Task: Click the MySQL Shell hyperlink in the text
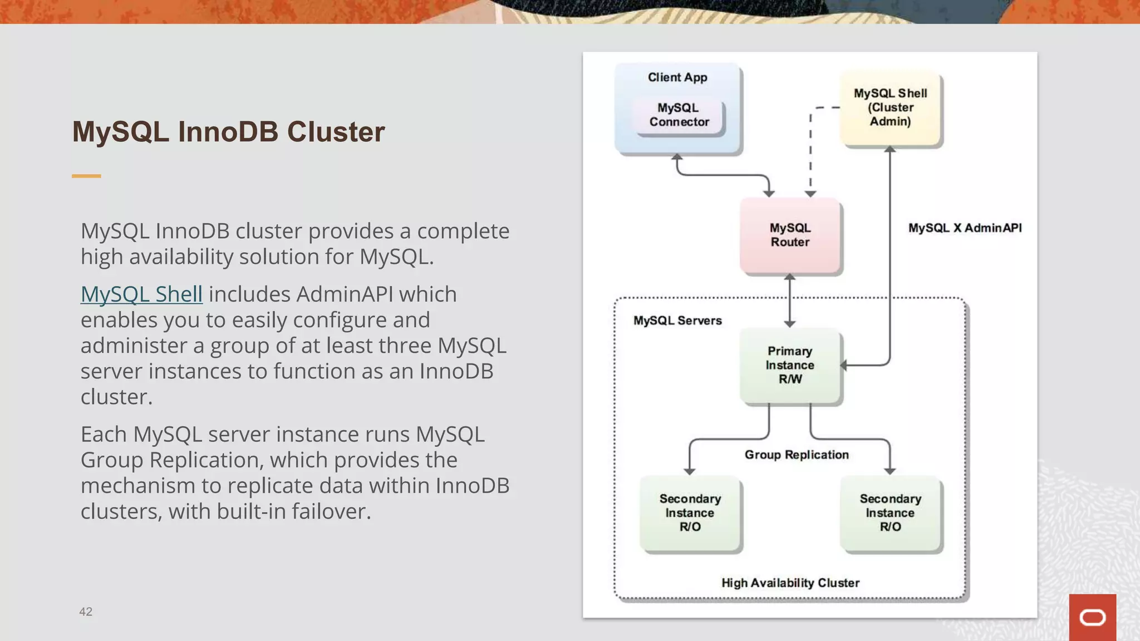pos(141,294)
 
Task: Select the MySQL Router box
pos(790,235)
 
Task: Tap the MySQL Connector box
pos(679,115)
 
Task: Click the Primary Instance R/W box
pos(790,366)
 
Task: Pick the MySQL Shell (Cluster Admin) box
pos(890,107)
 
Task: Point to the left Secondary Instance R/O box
pos(690,513)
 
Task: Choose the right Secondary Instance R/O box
pos(890,513)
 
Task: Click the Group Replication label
pos(797,455)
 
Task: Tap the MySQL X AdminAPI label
pos(965,228)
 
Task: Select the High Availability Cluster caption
pos(790,583)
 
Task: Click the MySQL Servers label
pos(677,320)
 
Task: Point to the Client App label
pos(677,77)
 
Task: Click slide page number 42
pos(86,612)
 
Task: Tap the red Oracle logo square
pos(1092,617)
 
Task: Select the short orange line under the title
pos(86,176)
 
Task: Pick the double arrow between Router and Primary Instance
pos(789,300)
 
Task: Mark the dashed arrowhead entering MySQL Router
pos(810,193)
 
